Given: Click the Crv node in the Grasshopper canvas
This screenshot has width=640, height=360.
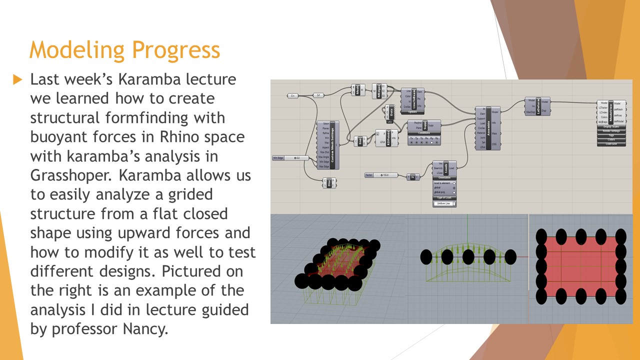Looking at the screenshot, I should click(x=293, y=95).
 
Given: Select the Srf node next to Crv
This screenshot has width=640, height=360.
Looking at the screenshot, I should click(x=318, y=95).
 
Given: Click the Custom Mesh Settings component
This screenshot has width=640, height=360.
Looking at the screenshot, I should click(x=331, y=145).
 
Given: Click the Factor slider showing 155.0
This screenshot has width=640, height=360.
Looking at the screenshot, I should click(x=382, y=175).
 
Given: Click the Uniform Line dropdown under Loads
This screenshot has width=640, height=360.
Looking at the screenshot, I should click(x=444, y=204).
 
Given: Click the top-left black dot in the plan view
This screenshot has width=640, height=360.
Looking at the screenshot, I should click(x=541, y=235).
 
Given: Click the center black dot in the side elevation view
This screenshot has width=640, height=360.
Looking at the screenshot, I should click(x=468, y=256).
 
